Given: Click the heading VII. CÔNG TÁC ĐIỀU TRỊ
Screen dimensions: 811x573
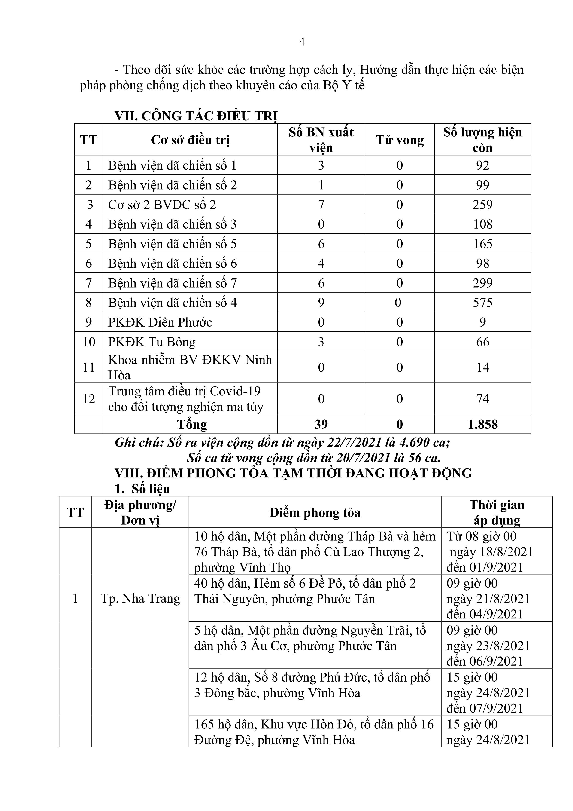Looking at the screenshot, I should point(196,116).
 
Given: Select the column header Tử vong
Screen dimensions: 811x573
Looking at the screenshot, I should point(400,140).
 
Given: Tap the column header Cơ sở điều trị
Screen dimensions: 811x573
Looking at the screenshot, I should point(190,140).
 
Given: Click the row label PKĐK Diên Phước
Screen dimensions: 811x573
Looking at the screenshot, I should point(160,322).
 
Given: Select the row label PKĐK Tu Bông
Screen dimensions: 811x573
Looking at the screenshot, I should point(152,342).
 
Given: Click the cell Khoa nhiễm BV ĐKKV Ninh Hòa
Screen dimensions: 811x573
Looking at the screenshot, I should point(190,367).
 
